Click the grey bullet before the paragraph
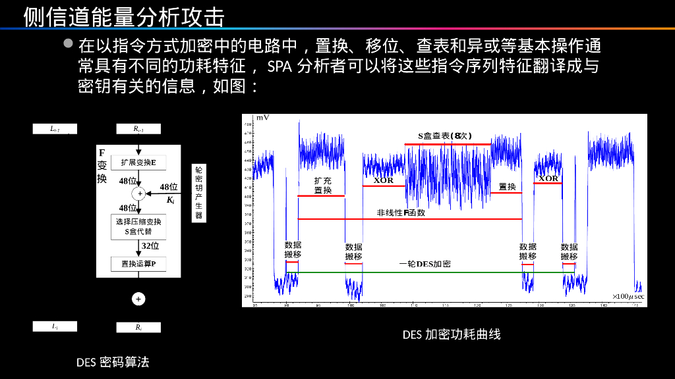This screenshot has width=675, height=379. (x=69, y=45)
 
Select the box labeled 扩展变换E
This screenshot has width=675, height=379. (x=138, y=163)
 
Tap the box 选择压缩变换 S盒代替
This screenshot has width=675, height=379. (x=138, y=226)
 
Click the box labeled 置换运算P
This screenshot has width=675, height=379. (x=138, y=264)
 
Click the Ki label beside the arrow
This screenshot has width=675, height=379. (x=170, y=200)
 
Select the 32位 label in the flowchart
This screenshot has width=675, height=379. (x=150, y=246)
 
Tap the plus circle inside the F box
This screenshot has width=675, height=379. (x=138, y=193)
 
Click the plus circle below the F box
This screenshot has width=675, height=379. (x=138, y=299)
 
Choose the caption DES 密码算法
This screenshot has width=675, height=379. (x=113, y=362)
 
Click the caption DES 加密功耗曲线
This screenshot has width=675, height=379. (x=452, y=334)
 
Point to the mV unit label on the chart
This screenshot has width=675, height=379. (x=263, y=118)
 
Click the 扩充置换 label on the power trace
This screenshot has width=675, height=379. (x=323, y=186)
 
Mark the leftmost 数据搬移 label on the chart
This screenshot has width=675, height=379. (x=293, y=249)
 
